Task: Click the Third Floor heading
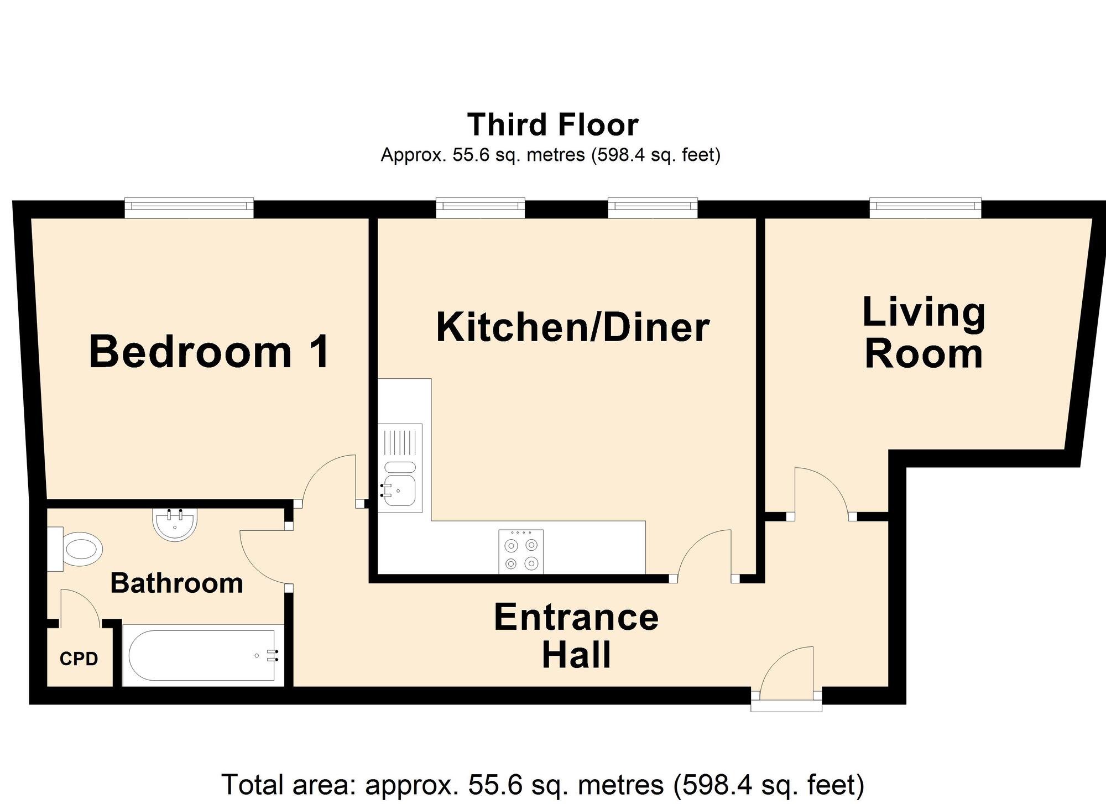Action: [x=553, y=125]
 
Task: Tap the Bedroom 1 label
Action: [x=209, y=352]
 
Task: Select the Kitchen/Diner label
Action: [x=572, y=327]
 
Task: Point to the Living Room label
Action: [x=924, y=333]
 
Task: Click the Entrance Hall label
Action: [x=576, y=635]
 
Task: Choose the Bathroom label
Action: [x=177, y=583]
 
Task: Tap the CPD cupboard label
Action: [x=79, y=659]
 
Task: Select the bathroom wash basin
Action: [x=174, y=525]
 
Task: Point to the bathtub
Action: [x=202, y=656]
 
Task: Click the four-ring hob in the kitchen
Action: [x=521, y=551]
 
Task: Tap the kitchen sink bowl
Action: [x=399, y=489]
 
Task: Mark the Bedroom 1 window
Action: [x=189, y=208]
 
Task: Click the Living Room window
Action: [x=926, y=208]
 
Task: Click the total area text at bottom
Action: [x=542, y=785]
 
